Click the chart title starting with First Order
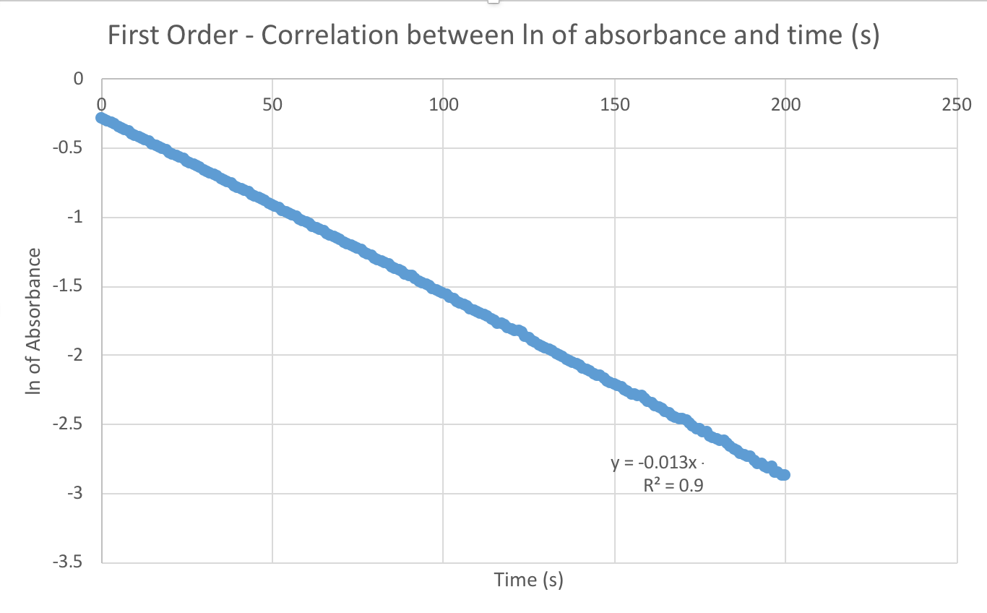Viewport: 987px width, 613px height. [x=493, y=35]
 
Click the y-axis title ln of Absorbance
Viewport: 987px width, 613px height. [x=33, y=321]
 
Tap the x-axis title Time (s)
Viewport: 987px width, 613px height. [x=528, y=580]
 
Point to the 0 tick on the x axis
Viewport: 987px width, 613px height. [x=102, y=104]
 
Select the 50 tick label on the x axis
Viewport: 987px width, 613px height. [x=272, y=104]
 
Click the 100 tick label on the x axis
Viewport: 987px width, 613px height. [x=443, y=104]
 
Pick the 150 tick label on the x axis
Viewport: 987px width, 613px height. [x=614, y=104]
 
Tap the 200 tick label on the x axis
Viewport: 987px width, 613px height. [x=785, y=104]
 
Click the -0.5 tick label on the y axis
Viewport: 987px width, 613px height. [x=72, y=148]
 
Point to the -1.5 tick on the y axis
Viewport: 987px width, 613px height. [x=72, y=286]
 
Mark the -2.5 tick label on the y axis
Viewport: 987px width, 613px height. [x=72, y=424]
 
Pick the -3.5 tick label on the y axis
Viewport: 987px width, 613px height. [x=72, y=562]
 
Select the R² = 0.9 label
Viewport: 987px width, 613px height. [x=673, y=485]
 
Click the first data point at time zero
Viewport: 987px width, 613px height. [x=102, y=118]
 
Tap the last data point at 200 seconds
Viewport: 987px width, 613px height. [x=784, y=475]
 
